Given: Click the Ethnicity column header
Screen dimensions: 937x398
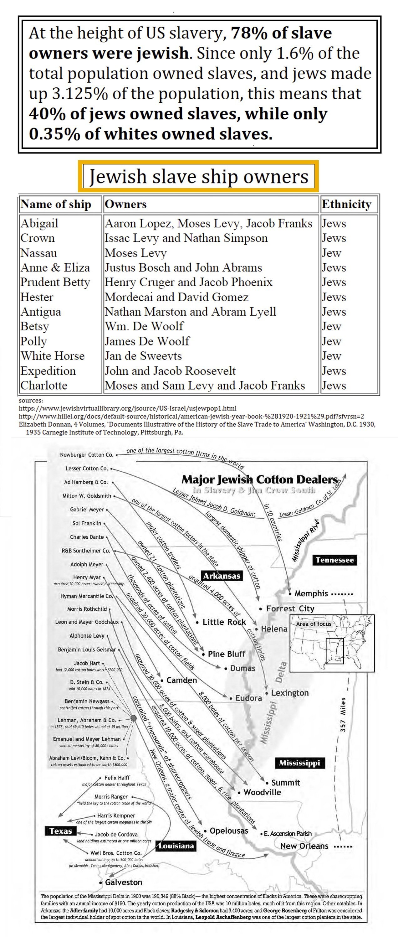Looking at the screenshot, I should coord(346,204).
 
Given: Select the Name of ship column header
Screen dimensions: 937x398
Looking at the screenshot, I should coord(56,204).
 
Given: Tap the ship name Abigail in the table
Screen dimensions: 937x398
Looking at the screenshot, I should coord(39,223).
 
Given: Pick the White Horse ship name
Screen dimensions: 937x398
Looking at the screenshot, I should coord(52,356).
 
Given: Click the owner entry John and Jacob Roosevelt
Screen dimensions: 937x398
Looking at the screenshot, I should coord(170,371).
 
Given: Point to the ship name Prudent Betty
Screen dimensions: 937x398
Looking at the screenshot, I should coord(55,282).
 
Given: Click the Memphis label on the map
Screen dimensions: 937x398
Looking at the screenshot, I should coord(311,593).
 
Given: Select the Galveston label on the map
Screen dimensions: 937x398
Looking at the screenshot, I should coord(124,882).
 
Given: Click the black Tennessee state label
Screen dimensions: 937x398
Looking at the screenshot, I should coord(334,560).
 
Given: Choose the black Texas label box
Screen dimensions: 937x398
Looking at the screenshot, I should coord(61,831).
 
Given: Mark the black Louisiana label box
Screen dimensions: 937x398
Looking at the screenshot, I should coord(176,846).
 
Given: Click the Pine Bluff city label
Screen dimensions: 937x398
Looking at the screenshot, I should coord(226,654).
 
